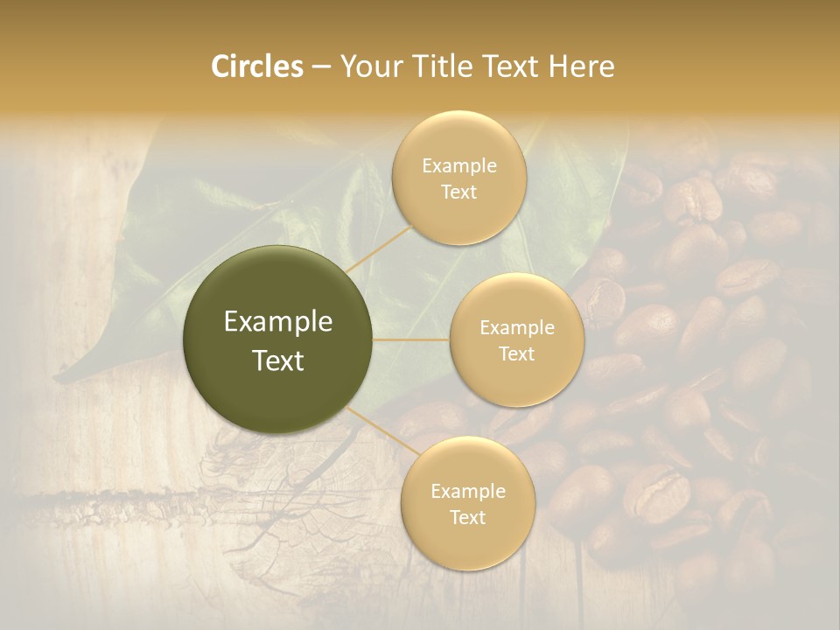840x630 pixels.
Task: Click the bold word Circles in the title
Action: tap(257, 66)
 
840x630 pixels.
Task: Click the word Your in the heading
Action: tap(368, 66)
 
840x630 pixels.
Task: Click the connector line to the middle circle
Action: tap(411, 339)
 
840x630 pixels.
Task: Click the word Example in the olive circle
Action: tap(278, 322)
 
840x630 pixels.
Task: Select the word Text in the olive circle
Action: tap(278, 360)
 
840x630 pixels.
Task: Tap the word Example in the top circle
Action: tap(459, 166)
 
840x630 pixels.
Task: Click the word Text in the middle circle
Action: tap(516, 353)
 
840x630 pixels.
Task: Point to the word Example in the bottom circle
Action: tap(468, 491)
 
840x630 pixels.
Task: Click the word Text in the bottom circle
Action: tap(468, 517)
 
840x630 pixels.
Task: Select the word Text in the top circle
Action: tap(458, 192)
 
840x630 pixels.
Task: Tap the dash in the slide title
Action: tap(321, 67)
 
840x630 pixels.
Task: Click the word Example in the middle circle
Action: tap(517, 327)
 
